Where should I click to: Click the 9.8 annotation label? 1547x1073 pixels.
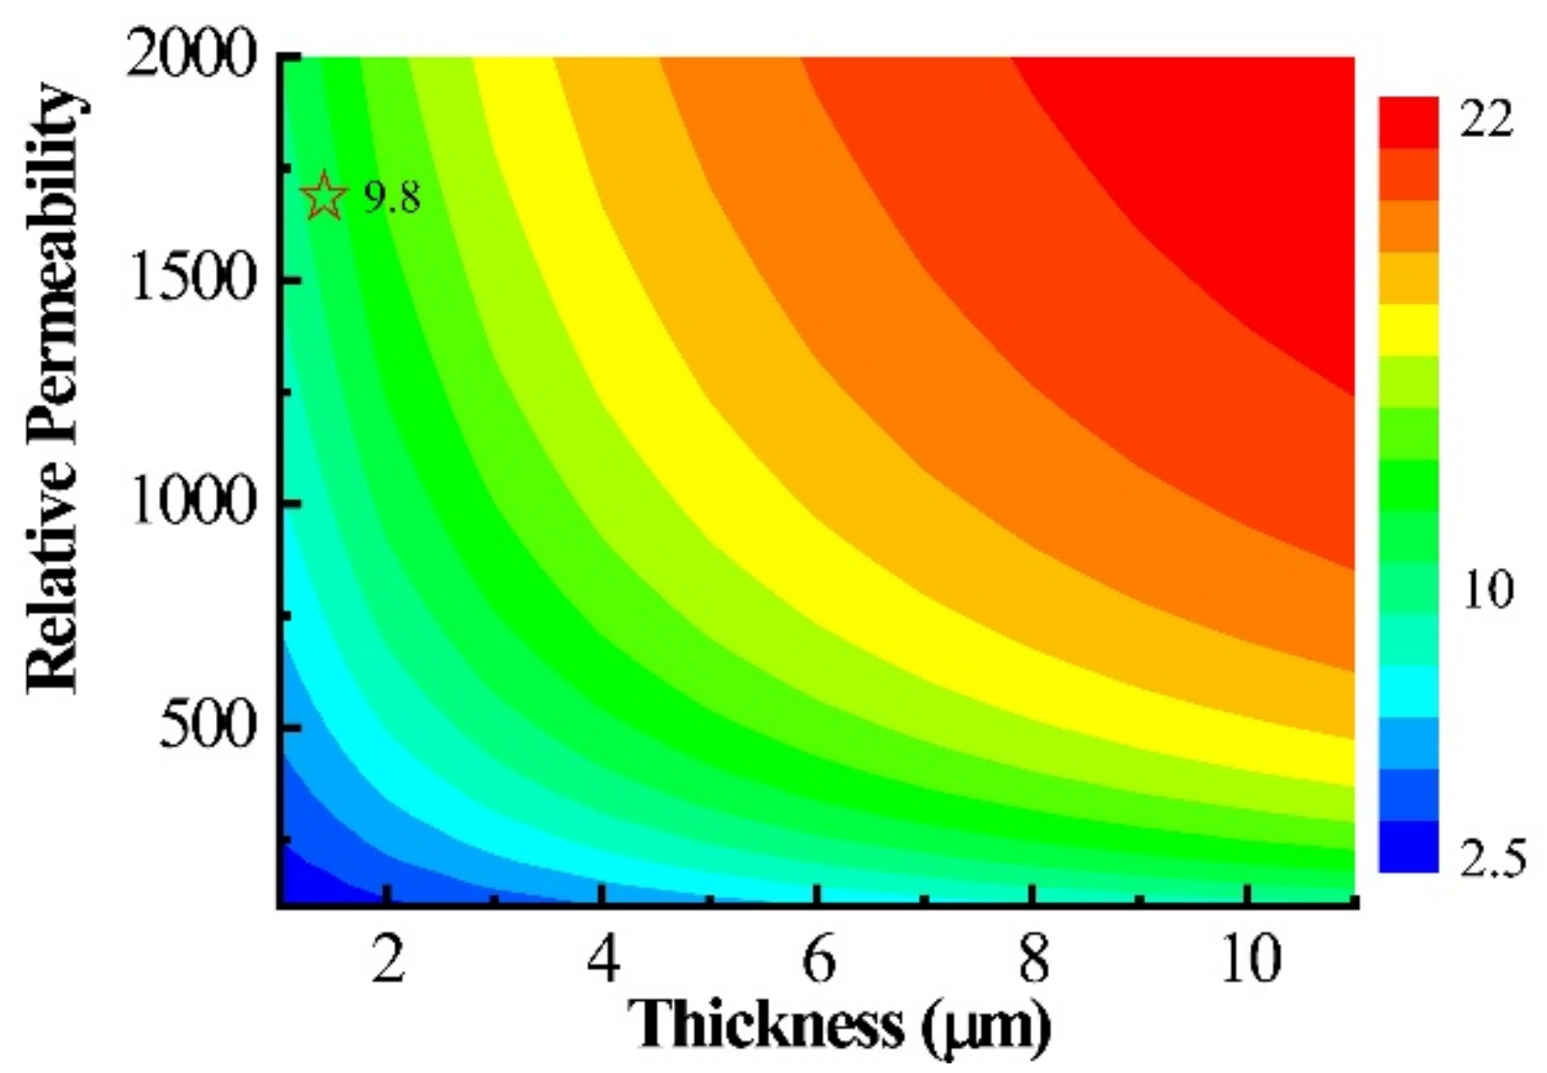(392, 199)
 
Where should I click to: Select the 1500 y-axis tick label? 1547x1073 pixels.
(192, 280)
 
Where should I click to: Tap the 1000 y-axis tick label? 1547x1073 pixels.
(192, 502)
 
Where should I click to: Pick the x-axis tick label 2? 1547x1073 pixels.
(387, 960)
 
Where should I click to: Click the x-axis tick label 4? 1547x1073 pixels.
(602, 960)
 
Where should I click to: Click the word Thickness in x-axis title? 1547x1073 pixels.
(767, 1025)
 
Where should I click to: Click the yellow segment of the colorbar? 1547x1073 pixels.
(1408, 330)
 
